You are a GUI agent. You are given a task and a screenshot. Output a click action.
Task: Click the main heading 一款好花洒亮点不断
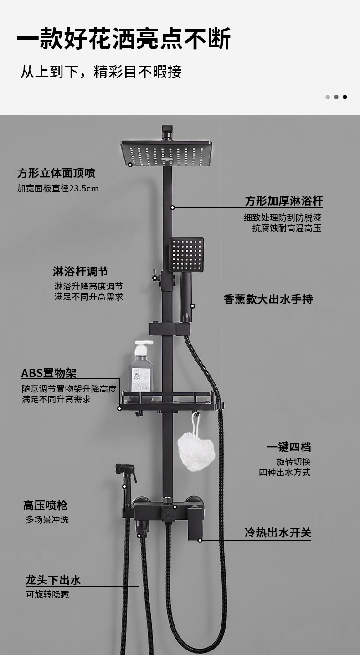123,39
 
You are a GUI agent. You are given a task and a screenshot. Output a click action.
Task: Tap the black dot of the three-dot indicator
345,97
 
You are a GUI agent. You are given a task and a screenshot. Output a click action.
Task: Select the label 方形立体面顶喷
57,174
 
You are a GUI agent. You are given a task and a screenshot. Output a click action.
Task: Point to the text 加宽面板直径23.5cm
58,188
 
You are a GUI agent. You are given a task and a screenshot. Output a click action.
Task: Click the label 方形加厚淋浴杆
283,201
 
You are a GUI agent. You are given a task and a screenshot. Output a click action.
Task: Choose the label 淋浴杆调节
81,272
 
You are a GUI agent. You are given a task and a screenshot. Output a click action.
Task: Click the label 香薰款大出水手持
268,299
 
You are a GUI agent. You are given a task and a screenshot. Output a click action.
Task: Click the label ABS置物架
49,373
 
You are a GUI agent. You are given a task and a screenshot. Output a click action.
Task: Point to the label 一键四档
289,447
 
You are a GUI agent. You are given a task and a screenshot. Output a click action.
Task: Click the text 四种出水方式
285,472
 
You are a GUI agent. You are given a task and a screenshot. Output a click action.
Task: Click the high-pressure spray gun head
126,470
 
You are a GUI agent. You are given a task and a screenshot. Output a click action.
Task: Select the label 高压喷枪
45,505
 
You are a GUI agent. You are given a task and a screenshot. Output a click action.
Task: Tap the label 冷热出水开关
278,533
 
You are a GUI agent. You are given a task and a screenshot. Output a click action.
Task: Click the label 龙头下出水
53,580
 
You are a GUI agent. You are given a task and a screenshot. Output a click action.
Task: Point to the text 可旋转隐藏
47,595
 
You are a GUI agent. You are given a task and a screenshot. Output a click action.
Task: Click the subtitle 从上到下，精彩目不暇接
101,72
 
